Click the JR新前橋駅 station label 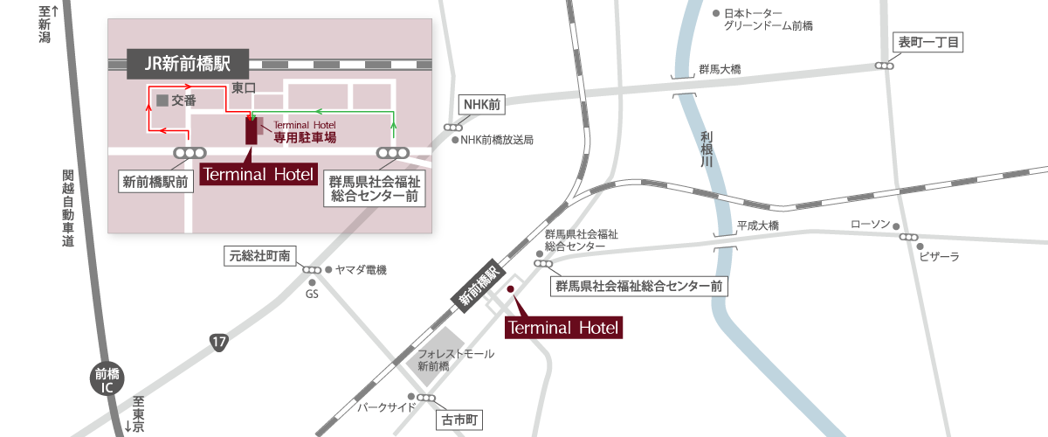187,64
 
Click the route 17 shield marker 218,343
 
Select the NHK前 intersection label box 481,104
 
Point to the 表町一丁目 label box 929,43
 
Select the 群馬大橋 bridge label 720,69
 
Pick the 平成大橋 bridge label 757,225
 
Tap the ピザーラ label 939,256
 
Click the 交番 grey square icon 162,101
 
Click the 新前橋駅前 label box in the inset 155,183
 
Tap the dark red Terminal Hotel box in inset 258,174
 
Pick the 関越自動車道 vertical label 68,209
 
